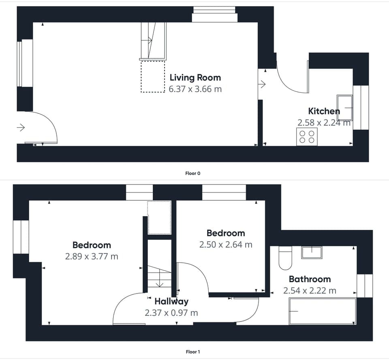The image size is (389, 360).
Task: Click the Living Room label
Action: coord(195,77)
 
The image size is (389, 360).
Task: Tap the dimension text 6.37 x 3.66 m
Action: coord(195,89)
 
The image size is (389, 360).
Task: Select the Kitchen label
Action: coord(324,111)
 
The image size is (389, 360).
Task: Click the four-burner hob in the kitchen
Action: coord(307,137)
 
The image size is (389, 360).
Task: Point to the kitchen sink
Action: coord(344,108)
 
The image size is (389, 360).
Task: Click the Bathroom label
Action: coord(310,279)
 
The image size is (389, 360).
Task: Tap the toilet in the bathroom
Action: coord(285,258)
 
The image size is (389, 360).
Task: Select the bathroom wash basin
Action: coord(312,253)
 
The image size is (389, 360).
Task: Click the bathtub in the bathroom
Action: coord(323,311)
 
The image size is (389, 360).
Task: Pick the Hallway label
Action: coord(171,301)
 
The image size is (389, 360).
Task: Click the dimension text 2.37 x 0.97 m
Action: coord(171,313)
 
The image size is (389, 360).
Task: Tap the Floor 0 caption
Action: coord(193,173)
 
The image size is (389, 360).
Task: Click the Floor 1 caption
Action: coord(193,351)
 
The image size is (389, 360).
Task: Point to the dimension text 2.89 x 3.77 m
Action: coord(92,256)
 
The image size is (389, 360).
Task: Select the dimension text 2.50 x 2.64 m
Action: coord(226,244)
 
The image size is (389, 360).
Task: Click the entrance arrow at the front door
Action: coord(21,128)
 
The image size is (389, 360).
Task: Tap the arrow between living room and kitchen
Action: coord(262,84)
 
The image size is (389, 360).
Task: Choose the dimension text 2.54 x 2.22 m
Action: coord(310,291)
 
